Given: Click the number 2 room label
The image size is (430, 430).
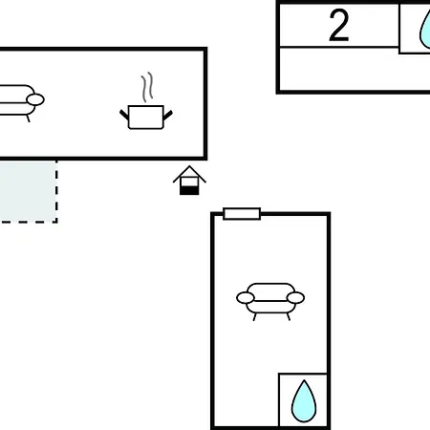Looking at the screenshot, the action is [338, 25].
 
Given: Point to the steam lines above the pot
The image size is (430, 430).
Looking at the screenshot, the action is [147, 87].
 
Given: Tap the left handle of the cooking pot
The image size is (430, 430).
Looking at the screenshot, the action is [124, 115].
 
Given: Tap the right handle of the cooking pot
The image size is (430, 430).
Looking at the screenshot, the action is [168, 115].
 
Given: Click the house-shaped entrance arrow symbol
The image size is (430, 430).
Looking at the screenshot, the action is [189, 181].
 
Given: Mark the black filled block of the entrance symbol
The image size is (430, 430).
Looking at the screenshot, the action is [189, 191].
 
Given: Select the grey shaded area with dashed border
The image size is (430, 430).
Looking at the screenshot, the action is [29, 192].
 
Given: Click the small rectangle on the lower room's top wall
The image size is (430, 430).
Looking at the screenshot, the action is [242, 214].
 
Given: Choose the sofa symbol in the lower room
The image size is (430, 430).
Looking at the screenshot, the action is [270, 301].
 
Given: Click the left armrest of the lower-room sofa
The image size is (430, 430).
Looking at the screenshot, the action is [246, 298].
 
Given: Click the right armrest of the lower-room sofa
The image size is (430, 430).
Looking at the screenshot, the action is [295, 298].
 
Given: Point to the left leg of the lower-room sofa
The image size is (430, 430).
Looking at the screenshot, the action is [254, 317].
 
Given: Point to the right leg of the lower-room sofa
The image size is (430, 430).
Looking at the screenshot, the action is [289, 317].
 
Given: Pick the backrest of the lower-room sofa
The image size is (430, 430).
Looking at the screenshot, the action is [270, 291].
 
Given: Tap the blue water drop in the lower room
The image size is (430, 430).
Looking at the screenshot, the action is [304, 401].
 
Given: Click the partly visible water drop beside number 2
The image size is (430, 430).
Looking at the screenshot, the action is [425, 31].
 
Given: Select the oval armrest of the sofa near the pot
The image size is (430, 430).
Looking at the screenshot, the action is [35, 99].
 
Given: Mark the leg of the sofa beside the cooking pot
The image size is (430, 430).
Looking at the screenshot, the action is [28, 118].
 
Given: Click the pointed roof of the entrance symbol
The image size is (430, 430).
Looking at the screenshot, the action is [189, 174].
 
